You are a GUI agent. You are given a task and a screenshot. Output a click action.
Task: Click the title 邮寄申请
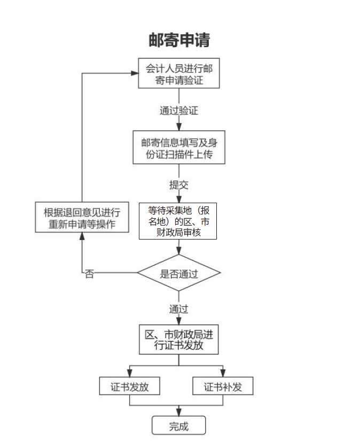[179, 40]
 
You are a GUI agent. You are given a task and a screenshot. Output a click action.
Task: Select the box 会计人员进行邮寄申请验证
[179, 73]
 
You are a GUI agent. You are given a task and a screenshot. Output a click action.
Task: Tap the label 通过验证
[179, 111]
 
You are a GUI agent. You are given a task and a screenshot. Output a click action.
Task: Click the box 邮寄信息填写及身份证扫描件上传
[179, 147]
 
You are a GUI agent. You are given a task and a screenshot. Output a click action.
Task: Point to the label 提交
[179, 185]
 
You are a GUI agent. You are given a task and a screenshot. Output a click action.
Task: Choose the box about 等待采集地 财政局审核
[178, 220]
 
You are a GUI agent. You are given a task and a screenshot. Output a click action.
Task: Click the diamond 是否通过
[179, 273]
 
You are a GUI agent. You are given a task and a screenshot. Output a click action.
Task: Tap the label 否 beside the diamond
[89, 275]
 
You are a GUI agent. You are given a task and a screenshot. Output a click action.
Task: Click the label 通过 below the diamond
[179, 309]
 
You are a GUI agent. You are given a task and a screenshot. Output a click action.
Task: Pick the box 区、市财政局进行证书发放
[179, 339]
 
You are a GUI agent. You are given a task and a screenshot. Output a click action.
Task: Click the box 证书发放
[129, 386]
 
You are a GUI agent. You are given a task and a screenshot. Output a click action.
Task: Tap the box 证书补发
[223, 386]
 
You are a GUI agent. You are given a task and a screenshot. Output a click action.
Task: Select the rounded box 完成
[179, 426]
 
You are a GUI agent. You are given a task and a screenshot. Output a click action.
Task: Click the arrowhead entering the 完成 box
[179, 412]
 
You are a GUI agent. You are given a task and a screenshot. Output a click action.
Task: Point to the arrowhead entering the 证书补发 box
[223, 373]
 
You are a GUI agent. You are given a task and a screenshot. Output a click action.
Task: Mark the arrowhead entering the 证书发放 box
[129, 373]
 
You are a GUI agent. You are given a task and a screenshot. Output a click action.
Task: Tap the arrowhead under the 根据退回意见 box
[82, 237]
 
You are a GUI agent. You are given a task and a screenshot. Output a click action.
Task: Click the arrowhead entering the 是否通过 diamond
[179, 250]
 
